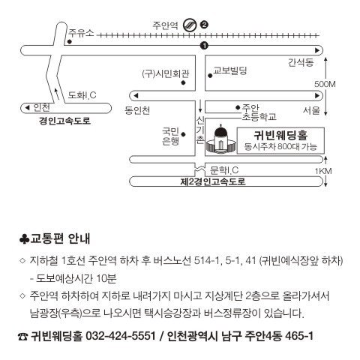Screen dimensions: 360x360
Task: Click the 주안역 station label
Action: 165,25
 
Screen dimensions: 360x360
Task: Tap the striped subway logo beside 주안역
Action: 190,25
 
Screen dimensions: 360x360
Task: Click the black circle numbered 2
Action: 204,25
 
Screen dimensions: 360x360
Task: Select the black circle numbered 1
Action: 204,46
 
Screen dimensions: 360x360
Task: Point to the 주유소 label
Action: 81,33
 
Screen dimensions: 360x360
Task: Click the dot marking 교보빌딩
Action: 210,76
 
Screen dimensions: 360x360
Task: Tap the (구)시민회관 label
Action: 166,73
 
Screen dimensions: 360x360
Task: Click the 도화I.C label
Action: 82,95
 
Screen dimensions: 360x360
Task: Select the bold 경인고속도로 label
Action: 64,121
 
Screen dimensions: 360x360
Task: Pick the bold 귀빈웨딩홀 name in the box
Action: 280,135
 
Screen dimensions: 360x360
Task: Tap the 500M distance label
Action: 325,84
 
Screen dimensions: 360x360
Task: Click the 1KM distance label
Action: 323,171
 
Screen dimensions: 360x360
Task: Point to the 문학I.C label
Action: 224,170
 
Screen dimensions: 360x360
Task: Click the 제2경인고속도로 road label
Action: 213,181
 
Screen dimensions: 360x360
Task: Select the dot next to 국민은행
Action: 183,134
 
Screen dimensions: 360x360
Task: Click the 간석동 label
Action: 301,62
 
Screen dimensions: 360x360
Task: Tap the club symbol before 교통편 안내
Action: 24,239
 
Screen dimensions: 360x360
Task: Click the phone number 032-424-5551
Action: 121,336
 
